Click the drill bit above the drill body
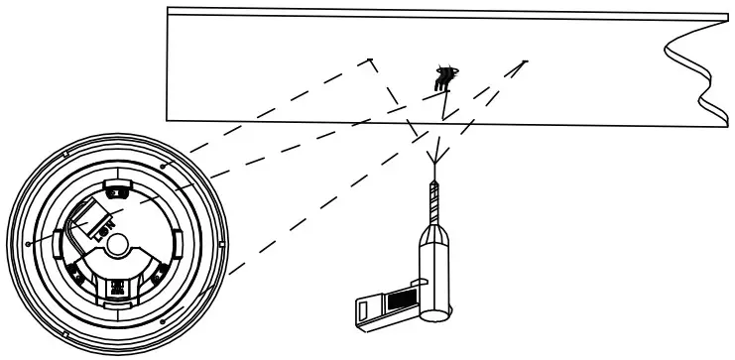433,203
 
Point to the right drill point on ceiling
525,61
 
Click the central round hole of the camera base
119,241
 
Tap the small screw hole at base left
32,241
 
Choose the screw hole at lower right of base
162,319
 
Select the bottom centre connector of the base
118,291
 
